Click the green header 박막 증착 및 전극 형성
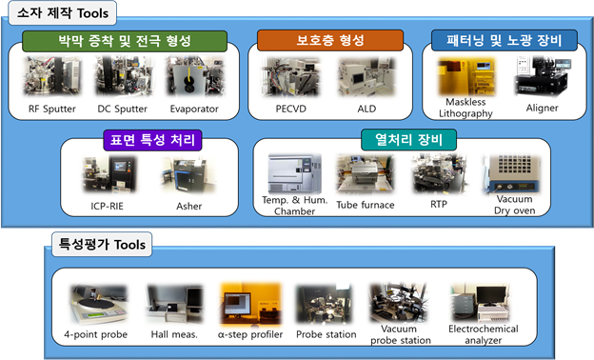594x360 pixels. click(125, 42)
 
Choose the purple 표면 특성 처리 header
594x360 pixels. click(152, 141)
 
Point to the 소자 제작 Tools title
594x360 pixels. click(67, 13)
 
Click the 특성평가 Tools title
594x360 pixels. click(102, 245)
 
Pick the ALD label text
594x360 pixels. click(366, 109)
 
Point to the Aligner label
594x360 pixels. click(542, 108)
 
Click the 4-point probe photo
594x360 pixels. click(96, 305)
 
